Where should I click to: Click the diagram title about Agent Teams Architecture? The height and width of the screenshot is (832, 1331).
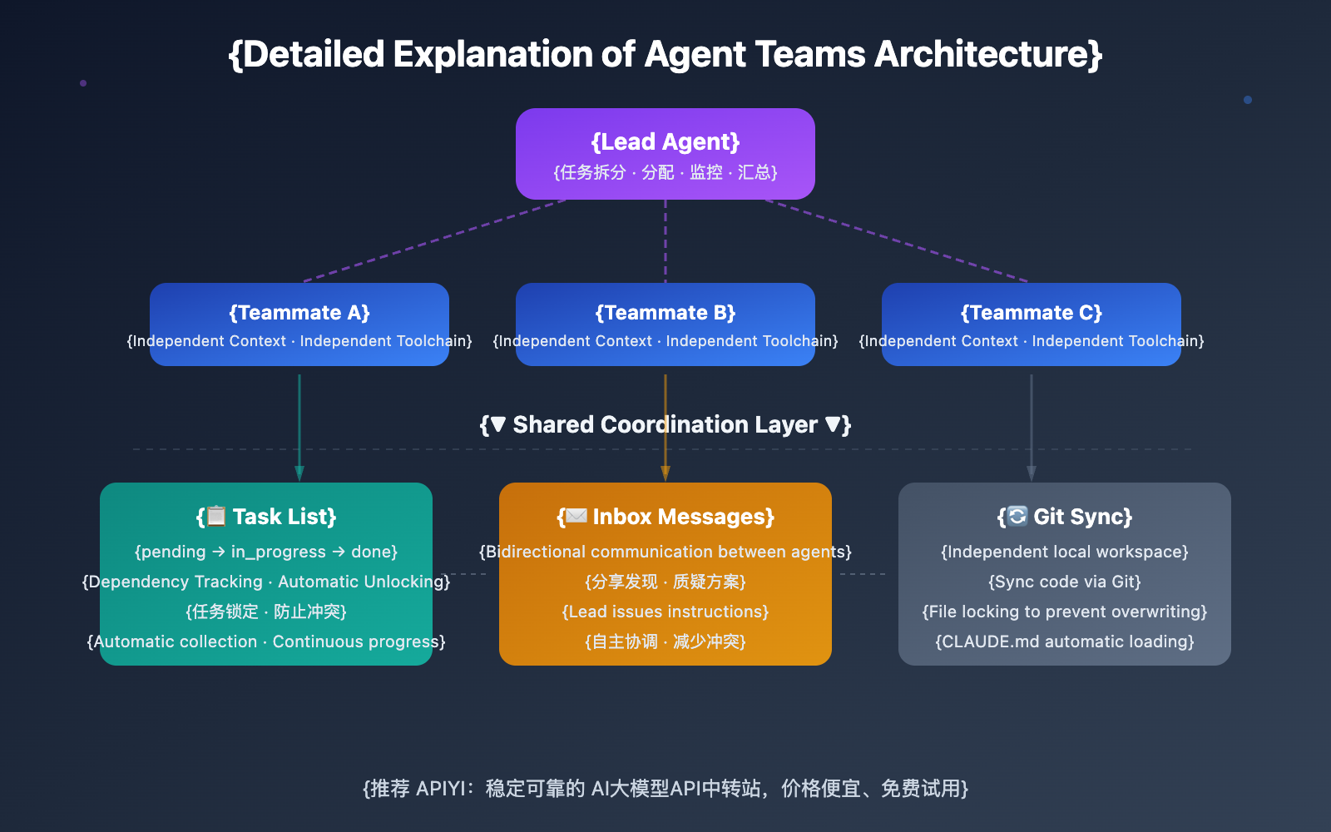665,55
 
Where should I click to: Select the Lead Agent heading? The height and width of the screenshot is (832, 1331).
665,142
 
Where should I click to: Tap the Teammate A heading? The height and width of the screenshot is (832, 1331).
299,313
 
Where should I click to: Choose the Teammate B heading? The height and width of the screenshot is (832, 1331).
665,313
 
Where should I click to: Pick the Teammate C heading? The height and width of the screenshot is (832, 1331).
1032,313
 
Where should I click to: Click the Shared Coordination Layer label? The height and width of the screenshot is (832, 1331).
665,425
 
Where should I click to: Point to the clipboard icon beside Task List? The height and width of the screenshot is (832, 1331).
216,517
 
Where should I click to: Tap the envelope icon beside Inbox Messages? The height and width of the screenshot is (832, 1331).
576,517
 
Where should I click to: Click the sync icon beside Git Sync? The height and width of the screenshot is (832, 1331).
1017,517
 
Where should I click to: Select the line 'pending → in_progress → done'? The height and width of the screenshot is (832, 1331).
266,552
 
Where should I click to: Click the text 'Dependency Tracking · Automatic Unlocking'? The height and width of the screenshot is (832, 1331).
266,582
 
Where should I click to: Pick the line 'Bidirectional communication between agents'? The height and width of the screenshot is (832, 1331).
665,552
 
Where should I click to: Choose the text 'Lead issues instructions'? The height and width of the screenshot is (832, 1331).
665,612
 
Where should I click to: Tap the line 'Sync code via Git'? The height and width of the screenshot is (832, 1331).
1065,582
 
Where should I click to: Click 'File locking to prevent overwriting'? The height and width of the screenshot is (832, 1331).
1065,612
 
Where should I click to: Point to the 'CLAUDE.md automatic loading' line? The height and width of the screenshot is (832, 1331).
1065,642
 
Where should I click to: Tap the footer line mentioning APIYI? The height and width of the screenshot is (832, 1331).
665,789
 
